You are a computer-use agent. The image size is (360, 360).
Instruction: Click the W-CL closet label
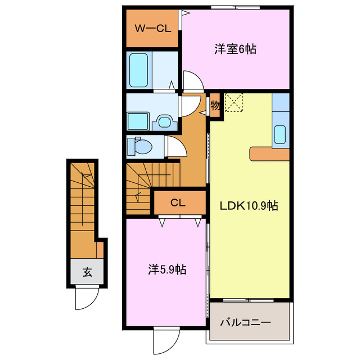point(152,29)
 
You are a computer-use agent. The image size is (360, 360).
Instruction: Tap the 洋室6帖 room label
point(235,49)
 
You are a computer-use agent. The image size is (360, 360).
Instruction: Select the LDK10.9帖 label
point(249,206)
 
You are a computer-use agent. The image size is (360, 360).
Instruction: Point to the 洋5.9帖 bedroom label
point(167,270)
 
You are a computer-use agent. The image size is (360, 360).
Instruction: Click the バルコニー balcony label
point(245,323)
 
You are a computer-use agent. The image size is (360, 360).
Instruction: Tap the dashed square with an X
point(234,103)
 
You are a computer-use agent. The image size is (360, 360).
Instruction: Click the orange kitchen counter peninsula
point(269,153)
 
